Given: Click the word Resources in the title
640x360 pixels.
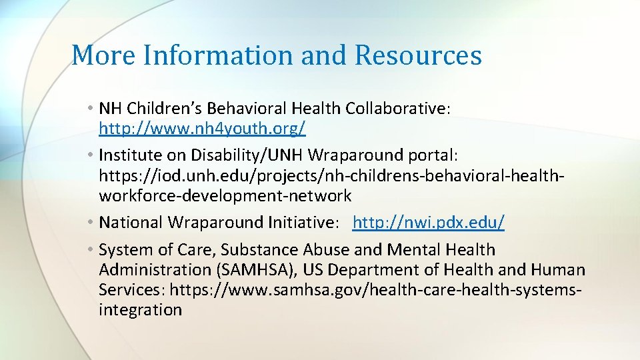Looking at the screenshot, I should (x=418, y=55).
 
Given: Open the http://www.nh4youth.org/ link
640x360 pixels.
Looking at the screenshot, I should (x=202, y=127).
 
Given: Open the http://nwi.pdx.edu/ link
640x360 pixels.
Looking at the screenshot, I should (x=429, y=222).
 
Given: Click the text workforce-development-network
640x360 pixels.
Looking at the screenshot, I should (x=225, y=196).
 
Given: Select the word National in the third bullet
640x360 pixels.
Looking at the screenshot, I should (x=131, y=222).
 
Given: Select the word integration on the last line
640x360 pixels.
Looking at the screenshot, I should (x=140, y=310).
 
